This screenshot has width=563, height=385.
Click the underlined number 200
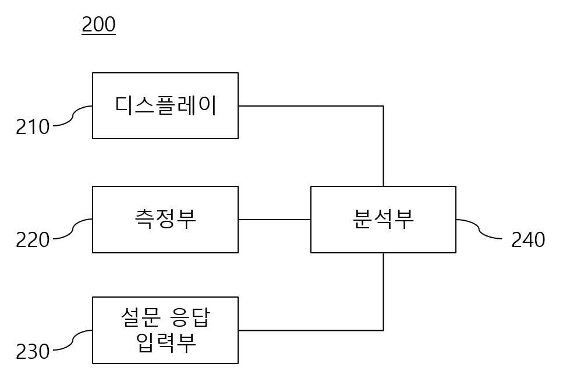pyautogui.click(x=99, y=24)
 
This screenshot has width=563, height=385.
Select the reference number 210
pyautogui.click(x=33, y=127)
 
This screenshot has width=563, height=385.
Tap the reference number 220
pyautogui.click(x=33, y=240)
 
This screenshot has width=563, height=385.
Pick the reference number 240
pyautogui.click(x=528, y=240)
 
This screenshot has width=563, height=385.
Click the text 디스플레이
pyautogui.click(x=166, y=105)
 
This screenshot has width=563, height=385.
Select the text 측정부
pyautogui.click(x=165, y=219)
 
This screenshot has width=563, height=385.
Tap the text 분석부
pyautogui.click(x=384, y=219)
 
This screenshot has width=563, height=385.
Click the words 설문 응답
pyautogui.click(x=165, y=317)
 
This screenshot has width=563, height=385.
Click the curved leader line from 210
pyautogui.click(x=73, y=116)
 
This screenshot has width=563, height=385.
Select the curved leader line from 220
pyautogui.click(x=73, y=229)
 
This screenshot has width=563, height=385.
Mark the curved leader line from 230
pyautogui.click(x=73, y=340)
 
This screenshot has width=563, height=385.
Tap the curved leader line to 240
pyautogui.click(x=479, y=229)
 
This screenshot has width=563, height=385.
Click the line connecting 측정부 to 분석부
pyautogui.click(x=274, y=220)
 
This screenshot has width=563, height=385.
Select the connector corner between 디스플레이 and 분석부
pyautogui.click(x=383, y=106)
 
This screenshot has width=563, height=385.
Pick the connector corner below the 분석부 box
pyautogui.click(x=383, y=330)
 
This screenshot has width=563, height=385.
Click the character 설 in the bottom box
pyautogui.click(x=131, y=317)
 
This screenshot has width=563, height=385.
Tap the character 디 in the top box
pyautogui.click(x=124, y=105)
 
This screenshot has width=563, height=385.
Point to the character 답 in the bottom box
pyautogui.click(x=200, y=317)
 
